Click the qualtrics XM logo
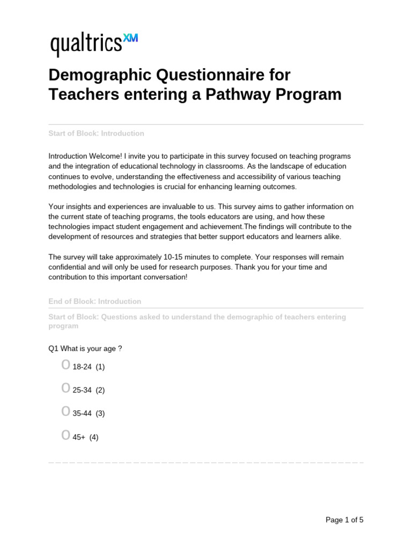pyautogui.click(x=94, y=44)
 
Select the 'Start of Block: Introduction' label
pyautogui.click(x=96, y=133)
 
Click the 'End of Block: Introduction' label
pyautogui.click(x=95, y=301)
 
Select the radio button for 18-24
pyautogui.click(x=65, y=365)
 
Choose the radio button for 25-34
pyautogui.click(x=65, y=388)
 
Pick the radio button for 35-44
pyautogui.click(x=65, y=412)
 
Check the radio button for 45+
pyautogui.click(x=65, y=435)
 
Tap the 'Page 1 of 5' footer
pyautogui.click(x=344, y=520)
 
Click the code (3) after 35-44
pyautogui.click(x=100, y=413)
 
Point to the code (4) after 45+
pyautogui.click(x=94, y=437)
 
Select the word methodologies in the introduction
pyautogui.click(x=73, y=187)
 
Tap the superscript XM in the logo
pyautogui.click(x=130, y=38)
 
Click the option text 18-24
pyautogui.click(x=82, y=367)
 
